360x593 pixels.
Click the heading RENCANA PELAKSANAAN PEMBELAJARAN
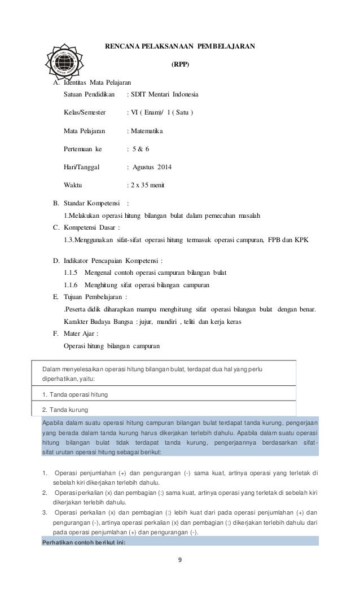tap(181, 46)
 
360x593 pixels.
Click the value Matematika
tap(146, 130)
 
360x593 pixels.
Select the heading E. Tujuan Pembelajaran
tap(90, 297)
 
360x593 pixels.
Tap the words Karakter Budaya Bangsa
tap(95, 321)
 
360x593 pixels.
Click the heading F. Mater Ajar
tap(76, 333)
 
